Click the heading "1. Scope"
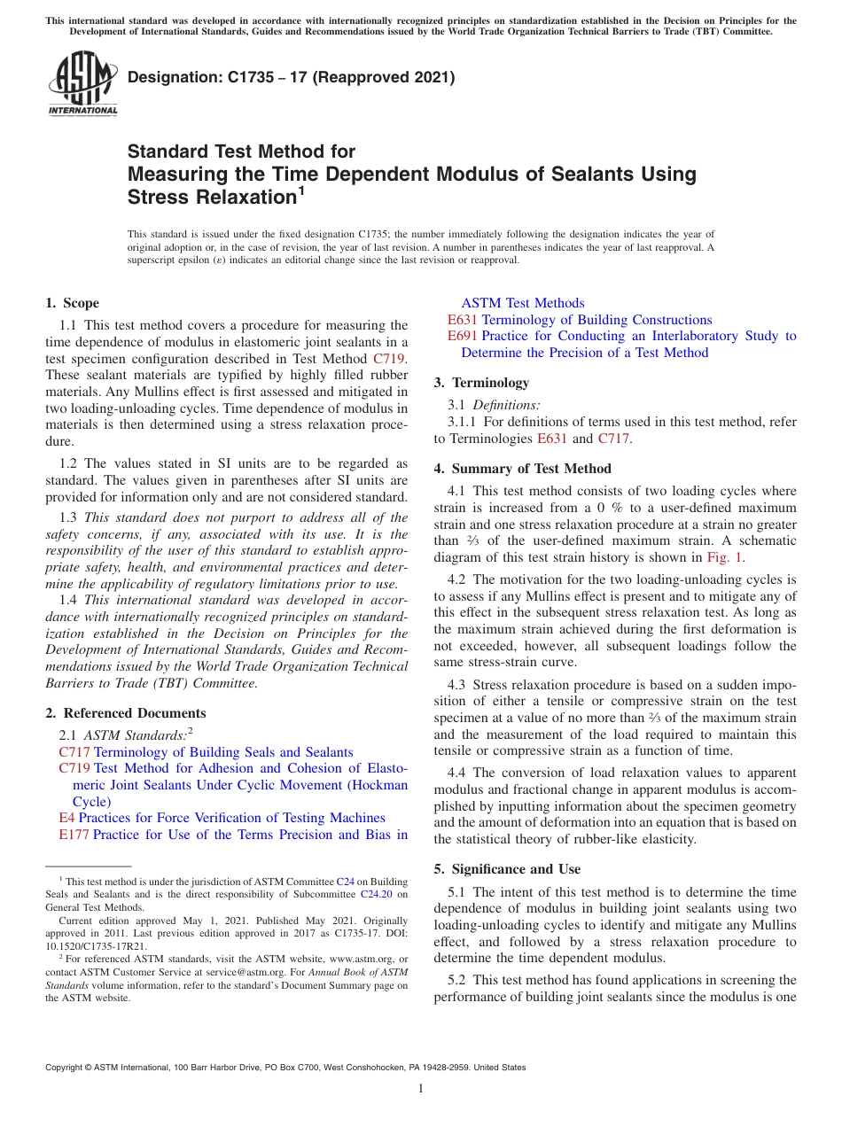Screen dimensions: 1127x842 [x=72, y=303]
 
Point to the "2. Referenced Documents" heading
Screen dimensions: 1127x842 [x=125, y=713]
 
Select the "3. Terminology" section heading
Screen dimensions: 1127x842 [x=481, y=383]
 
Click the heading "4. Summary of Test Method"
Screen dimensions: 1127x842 [x=522, y=469]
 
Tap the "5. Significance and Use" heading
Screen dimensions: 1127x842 [x=507, y=869]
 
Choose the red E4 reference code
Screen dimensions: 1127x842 [x=66, y=818]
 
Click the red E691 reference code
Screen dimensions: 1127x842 [x=463, y=336]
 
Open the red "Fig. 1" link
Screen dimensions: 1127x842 [x=724, y=557]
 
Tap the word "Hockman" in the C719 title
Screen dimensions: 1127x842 [x=378, y=785]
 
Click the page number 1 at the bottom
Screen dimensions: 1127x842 [x=421, y=1089]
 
